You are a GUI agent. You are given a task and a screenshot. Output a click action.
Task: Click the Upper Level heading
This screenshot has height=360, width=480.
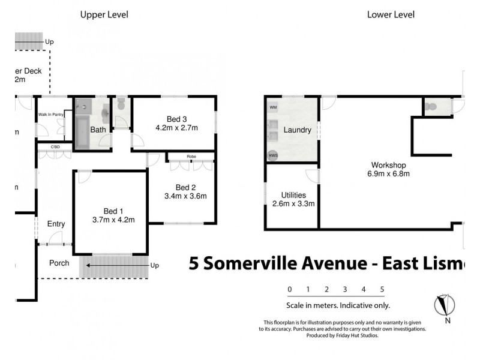click(104, 15)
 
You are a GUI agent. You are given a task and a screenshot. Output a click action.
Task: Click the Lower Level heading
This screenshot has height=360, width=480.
click(391, 15)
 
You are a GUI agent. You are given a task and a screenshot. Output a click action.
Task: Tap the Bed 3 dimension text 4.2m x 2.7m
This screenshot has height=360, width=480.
click(176, 128)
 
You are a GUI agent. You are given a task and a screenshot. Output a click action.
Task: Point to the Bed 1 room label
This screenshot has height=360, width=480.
click(113, 211)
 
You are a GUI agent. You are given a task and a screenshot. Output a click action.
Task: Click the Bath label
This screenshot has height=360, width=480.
click(98, 130)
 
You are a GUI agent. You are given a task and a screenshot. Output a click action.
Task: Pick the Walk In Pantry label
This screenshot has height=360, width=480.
click(51, 114)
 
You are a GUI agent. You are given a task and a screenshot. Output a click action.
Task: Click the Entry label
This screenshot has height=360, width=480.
click(56, 224)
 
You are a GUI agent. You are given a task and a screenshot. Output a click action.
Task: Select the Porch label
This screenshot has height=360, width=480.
click(59, 263)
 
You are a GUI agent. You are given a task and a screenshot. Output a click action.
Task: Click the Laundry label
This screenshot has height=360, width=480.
click(297, 130)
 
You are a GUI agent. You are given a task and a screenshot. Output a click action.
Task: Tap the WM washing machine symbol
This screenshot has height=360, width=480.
click(274, 107)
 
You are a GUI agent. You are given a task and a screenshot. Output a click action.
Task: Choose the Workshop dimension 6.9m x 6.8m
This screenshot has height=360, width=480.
click(389, 174)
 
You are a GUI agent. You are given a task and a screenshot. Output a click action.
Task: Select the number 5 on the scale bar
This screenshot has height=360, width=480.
click(382, 289)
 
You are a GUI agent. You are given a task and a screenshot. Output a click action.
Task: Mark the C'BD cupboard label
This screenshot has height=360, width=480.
click(56, 146)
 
